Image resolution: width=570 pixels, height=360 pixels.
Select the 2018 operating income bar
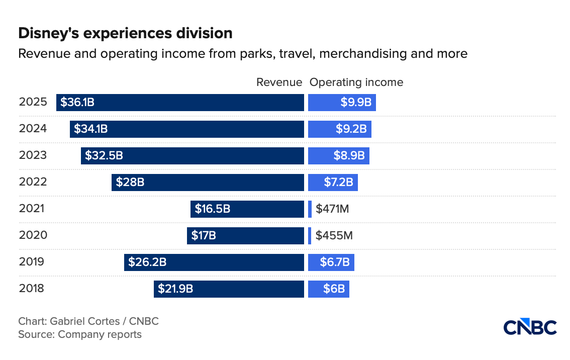coord(329,289)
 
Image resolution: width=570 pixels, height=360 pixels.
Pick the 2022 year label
coord(33,182)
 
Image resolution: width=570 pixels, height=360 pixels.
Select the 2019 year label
coord(33,262)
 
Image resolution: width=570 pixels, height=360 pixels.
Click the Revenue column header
coord(279,82)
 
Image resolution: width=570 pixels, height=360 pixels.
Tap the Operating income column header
coord(356,82)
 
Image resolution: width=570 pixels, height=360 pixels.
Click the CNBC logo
coord(530,327)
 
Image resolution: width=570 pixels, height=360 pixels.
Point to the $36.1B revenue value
coord(77,103)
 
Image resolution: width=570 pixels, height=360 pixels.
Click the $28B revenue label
coord(130,182)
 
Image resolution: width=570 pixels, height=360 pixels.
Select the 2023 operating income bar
coord(339,156)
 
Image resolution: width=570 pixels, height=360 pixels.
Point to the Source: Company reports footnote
coord(80,334)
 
